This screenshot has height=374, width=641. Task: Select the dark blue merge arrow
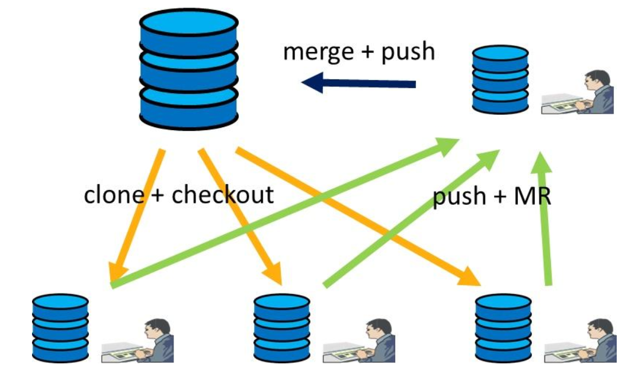358,83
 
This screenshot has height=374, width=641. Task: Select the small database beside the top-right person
500,80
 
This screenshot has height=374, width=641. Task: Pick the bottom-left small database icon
60,327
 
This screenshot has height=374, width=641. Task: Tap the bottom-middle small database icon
281,327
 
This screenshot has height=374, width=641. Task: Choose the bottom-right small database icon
504,327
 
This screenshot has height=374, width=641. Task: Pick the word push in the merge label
408,53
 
